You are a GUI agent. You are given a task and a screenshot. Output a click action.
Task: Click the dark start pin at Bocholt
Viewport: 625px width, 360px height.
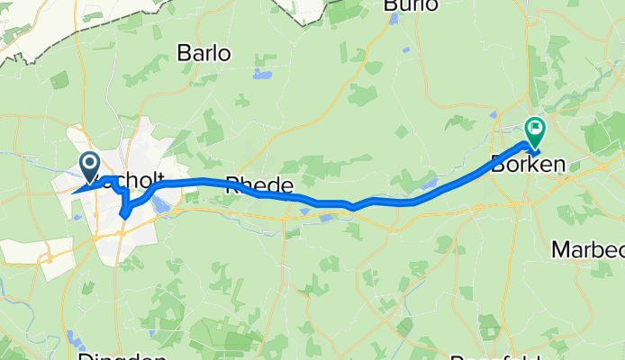pyautogui.click(x=90, y=165)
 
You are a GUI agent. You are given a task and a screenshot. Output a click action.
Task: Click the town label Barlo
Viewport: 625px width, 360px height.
pyautogui.click(x=204, y=53)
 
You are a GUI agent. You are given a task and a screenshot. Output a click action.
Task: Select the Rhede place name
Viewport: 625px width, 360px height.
pyautogui.click(x=258, y=185)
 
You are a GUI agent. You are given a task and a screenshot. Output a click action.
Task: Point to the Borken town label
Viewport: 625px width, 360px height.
pyautogui.click(x=528, y=165)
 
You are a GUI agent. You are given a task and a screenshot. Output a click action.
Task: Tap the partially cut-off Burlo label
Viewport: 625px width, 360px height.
pyautogui.click(x=411, y=5)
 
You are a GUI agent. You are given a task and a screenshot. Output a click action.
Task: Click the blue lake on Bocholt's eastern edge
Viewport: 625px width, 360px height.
pyautogui.click(x=159, y=206)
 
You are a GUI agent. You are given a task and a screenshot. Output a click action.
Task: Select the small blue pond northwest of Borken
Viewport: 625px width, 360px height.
pyautogui.click(x=494, y=114)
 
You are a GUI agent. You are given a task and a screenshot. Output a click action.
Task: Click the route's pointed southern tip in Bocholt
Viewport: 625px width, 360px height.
pyautogui.click(x=122, y=217)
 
